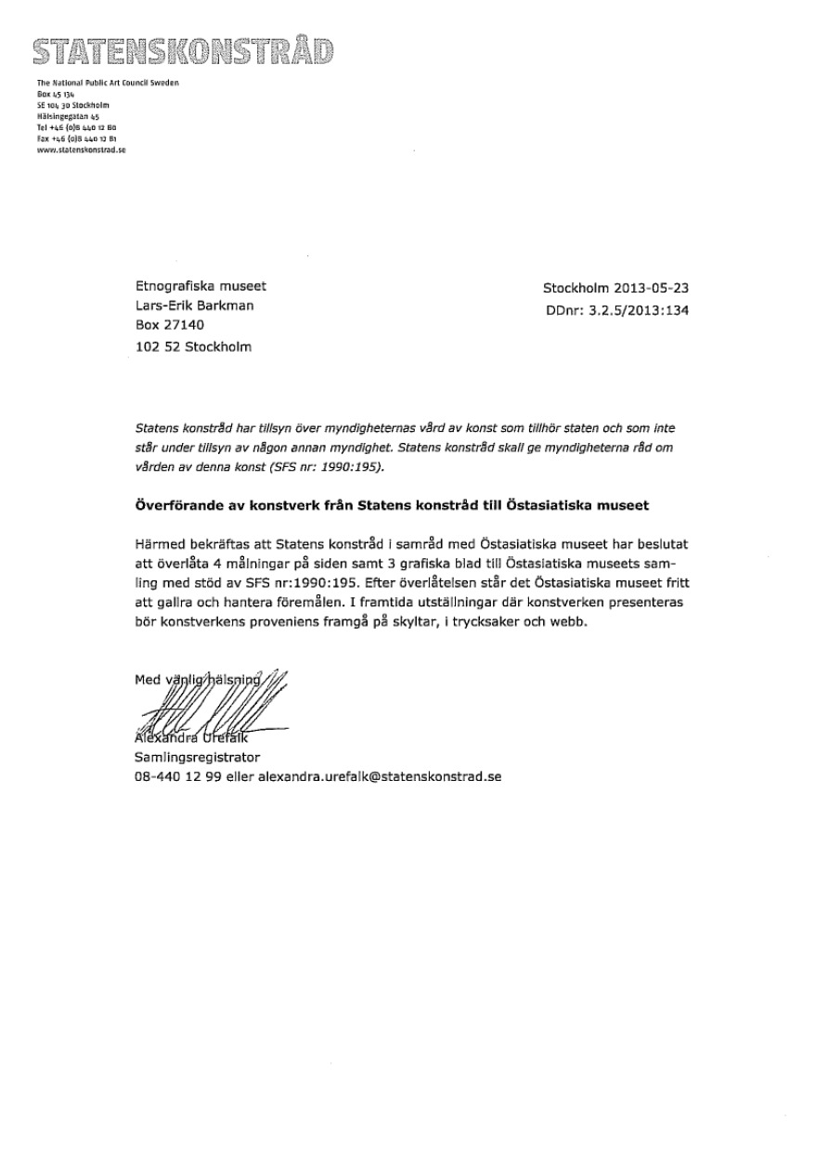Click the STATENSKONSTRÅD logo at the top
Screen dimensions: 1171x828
(x=183, y=51)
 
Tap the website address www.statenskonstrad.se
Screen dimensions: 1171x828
(x=82, y=148)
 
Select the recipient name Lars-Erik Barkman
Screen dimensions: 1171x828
(x=194, y=305)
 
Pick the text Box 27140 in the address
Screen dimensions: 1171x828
(x=169, y=326)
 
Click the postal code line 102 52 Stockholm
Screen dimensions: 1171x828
(x=193, y=347)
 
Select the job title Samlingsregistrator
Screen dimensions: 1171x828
(x=198, y=757)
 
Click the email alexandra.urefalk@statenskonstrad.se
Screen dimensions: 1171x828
(x=379, y=775)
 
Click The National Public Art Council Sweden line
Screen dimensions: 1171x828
(x=108, y=84)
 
